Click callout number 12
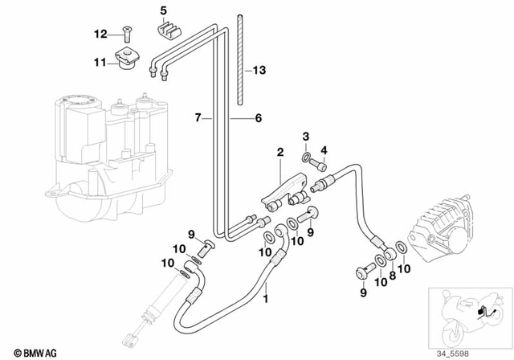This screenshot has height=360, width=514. (x=100, y=34)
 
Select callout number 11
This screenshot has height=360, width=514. (x=100, y=62)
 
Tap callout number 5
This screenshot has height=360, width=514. (x=163, y=10)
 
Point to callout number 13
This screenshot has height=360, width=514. (x=258, y=71)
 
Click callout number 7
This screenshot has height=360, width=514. (x=197, y=118)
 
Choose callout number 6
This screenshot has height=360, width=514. (x=258, y=118)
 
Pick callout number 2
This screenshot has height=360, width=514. (x=279, y=152)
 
